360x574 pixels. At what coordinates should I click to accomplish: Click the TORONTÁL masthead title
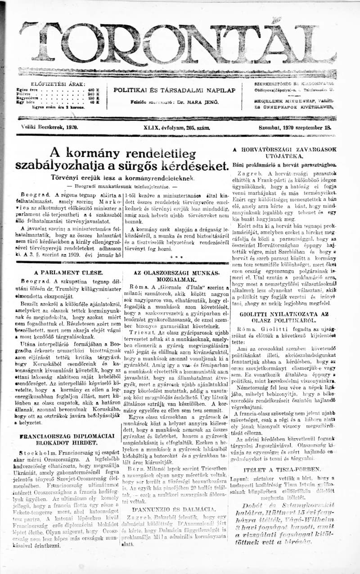click(x=178, y=44)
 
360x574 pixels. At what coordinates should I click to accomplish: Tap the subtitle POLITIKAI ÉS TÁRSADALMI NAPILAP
click(x=174, y=90)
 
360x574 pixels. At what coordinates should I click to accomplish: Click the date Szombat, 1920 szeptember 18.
click(x=295, y=127)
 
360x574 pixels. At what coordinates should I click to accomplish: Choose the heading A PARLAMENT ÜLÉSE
click(x=68, y=272)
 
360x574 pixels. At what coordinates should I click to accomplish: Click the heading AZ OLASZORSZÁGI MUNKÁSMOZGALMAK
click(x=176, y=276)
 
